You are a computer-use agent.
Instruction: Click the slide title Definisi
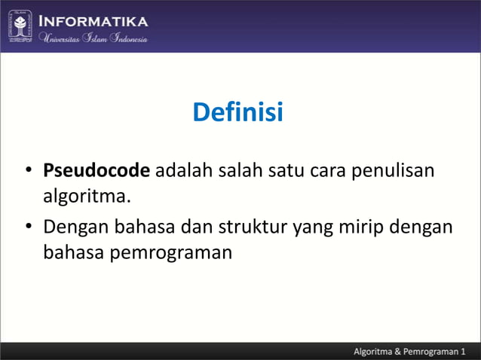coord(237,113)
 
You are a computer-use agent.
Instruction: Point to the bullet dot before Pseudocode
coord(28,172)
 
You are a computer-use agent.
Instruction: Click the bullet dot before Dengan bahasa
coord(28,227)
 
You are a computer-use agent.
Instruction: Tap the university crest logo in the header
coord(20,26)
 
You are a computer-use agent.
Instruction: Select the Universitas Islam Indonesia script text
coord(93,38)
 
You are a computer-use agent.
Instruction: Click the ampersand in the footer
coord(409,351)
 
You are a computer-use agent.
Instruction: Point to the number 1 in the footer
coord(464,351)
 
